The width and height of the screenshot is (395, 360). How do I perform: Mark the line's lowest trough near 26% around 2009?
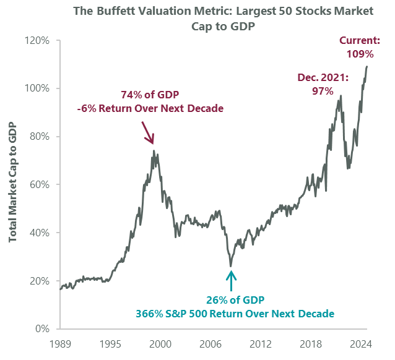pos(231,266)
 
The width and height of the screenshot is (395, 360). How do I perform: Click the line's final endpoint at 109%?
pos(368,67)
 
